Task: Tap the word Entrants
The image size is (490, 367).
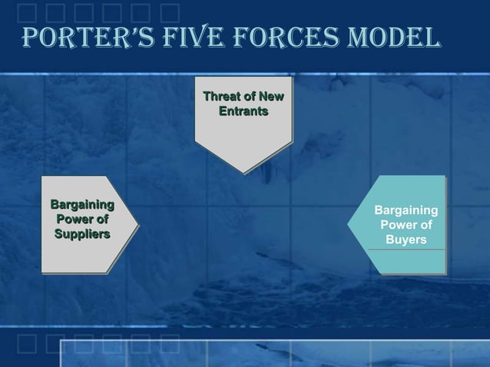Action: [x=243, y=112]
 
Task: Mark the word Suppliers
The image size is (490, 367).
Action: [x=82, y=233]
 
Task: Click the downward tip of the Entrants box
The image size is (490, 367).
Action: [x=243, y=174]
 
